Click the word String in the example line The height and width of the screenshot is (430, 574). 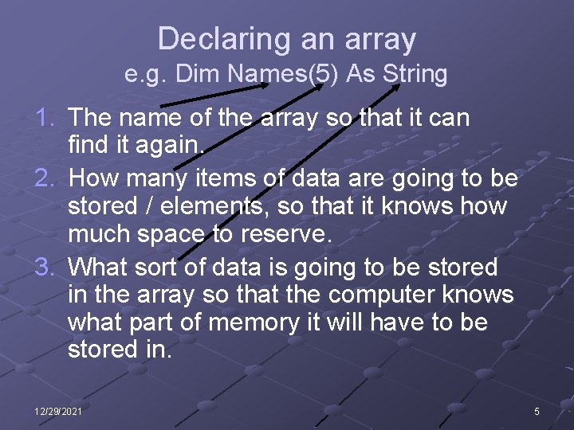[415, 75]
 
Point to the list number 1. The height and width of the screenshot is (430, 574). [45, 119]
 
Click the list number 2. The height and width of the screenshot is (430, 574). [45, 178]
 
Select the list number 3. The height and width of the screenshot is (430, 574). [45, 266]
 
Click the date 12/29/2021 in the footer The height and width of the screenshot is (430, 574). [57, 411]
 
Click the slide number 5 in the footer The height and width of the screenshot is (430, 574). [537, 411]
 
